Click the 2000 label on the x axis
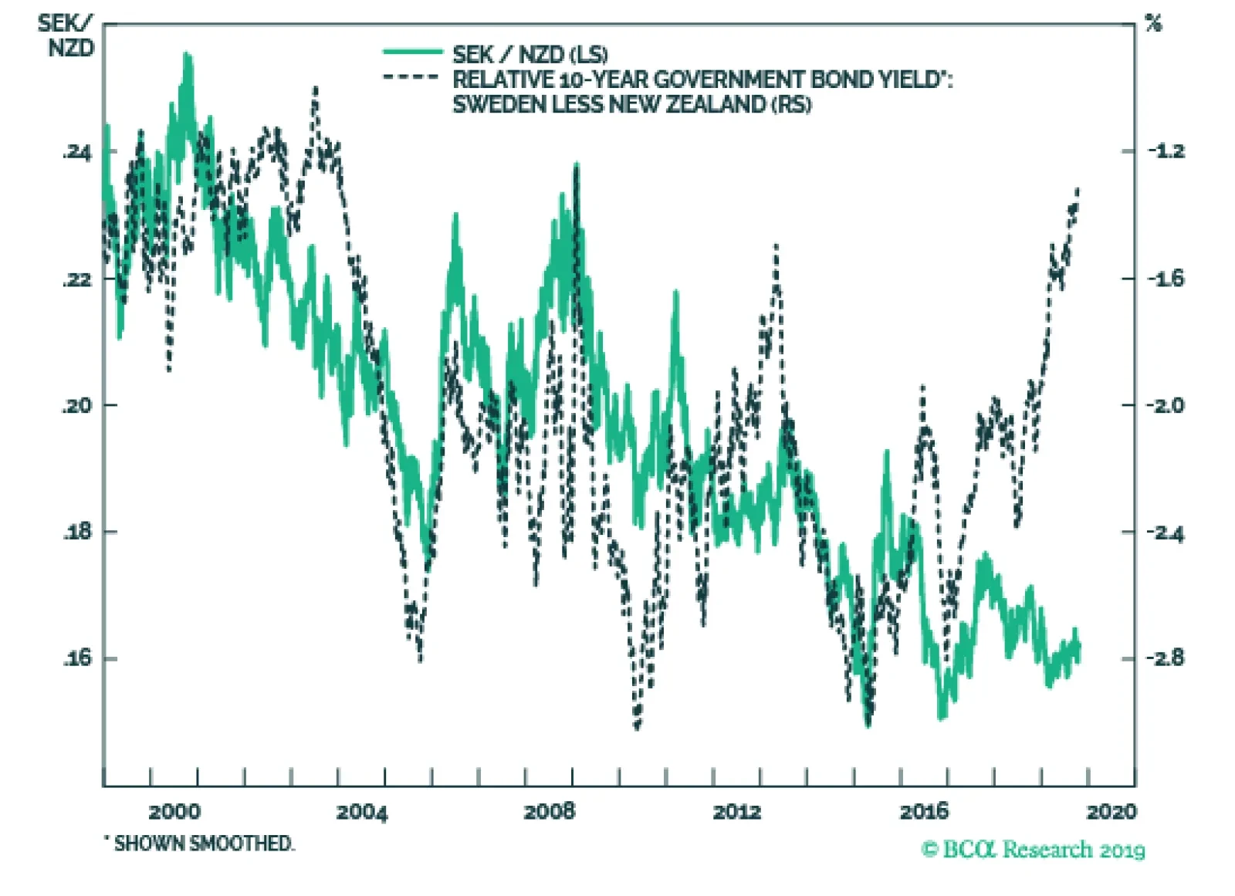(174, 811)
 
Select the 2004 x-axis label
(362, 811)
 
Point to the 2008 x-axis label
(550, 811)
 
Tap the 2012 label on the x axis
(737, 811)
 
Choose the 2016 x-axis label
(924, 811)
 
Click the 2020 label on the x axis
(1111, 811)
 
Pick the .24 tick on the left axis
(76, 152)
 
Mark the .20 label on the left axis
(76, 405)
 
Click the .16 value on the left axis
(76, 658)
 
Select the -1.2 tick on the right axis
(1166, 151)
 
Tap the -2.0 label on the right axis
(1166, 405)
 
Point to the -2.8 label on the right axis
(1166, 658)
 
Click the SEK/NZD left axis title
(69, 36)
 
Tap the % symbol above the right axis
(1153, 24)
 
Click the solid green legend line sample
(413, 52)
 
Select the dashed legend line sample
(411, 77)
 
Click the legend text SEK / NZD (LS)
(530, 55)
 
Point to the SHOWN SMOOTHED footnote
(202, 844)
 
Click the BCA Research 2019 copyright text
(1033, 850)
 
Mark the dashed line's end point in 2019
(1078, 189)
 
